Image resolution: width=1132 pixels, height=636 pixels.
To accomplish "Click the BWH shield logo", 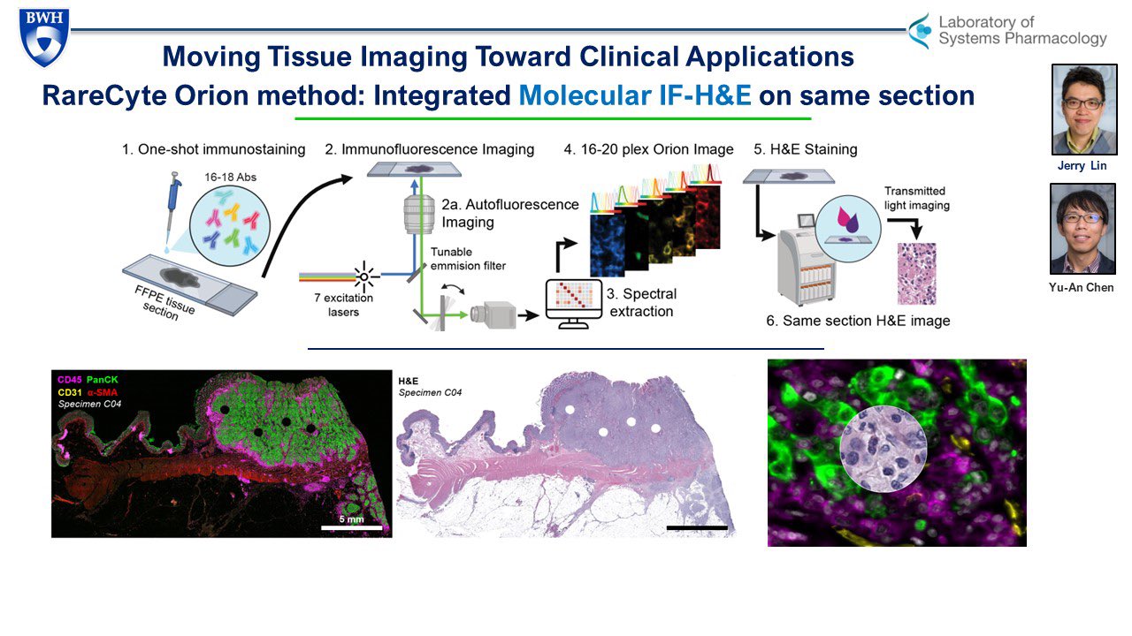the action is tap(44, 37).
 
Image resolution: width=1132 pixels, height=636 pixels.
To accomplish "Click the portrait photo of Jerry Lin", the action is tap(1084, 110).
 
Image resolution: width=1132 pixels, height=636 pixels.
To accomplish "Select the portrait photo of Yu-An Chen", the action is tap(1082, 229).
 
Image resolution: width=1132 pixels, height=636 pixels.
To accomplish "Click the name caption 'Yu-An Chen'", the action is tap(1081, 287).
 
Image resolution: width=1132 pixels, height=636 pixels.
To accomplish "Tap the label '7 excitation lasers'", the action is tap(344, 305).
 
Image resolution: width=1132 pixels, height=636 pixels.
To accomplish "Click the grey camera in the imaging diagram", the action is tap(493, 315).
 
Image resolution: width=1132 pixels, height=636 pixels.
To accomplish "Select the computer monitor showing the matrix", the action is tap(574, 304).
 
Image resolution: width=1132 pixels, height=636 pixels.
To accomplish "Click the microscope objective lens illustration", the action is tap(419, 214).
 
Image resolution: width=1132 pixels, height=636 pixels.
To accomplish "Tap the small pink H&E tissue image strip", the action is tap(917, 274).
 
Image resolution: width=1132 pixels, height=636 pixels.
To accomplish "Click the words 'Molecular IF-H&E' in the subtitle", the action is tap(635, 95).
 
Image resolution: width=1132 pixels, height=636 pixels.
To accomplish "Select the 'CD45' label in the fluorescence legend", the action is tap(70, 380).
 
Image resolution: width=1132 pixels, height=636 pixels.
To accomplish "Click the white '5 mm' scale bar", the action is tap(352, 527).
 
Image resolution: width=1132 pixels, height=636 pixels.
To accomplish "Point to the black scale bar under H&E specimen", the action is tap(697, 528).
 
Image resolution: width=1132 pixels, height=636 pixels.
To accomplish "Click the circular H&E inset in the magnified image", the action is tap(883, 449).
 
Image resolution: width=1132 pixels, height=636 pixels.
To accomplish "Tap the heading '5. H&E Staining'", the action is tap(806, 149).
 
